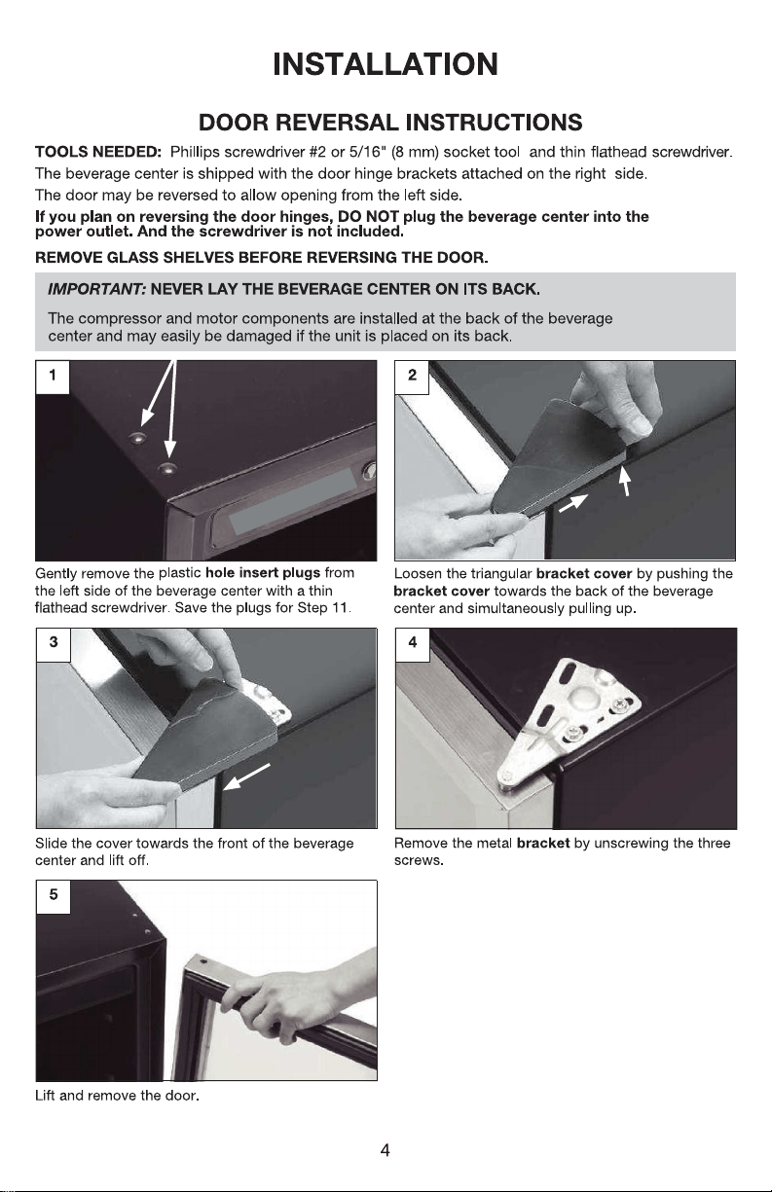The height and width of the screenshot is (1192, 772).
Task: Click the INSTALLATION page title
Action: pos(386,64)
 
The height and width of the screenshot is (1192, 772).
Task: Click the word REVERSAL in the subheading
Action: pos(337,123)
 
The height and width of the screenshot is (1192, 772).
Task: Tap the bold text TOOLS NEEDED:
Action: pos(98,152)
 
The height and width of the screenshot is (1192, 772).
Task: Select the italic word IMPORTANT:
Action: pos(97,290)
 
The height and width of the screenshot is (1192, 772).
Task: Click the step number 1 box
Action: pos(53,377)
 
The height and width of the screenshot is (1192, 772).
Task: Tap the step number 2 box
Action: pos(412,377)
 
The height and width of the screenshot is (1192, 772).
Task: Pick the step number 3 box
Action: pos(54,644)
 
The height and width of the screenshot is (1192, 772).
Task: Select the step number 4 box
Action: pos(413,644)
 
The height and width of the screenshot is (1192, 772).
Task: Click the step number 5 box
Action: pos(54,896)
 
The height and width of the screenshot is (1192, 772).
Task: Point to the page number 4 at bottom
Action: pos(385,1150)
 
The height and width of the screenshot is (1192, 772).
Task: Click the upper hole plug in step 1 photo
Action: pos(138,439)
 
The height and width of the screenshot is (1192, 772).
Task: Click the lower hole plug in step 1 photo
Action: pos(168,469)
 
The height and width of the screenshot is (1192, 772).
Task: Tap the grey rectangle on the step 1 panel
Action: pos(293,500)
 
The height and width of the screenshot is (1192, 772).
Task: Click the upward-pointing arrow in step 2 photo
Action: pos(625,481)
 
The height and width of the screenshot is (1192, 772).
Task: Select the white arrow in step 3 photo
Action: pos(247,777)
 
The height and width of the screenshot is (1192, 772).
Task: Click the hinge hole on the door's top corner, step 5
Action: pos(202,962)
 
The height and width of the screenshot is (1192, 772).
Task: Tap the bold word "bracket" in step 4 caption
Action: pos(543,844)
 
